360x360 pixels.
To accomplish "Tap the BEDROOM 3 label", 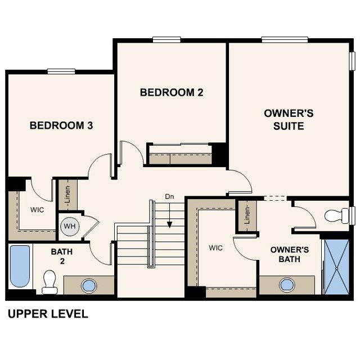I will coord(61,125).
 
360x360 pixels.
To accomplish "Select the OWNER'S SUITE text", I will coord(289,119).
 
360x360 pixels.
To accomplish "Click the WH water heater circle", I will coord(70,226).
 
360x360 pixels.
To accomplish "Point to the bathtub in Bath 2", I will coord(20,265).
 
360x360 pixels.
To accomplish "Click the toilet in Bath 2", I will coord(50,281).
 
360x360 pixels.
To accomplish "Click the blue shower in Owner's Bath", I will coord(337,266).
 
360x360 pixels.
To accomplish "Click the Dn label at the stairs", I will coord(170,196).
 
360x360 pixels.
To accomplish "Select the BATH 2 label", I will coord(62,256).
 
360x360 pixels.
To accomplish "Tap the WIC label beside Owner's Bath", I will coord(216,247).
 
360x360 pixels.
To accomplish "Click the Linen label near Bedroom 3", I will coord(67,195).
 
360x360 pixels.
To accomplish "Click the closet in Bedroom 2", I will coord(179,155).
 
